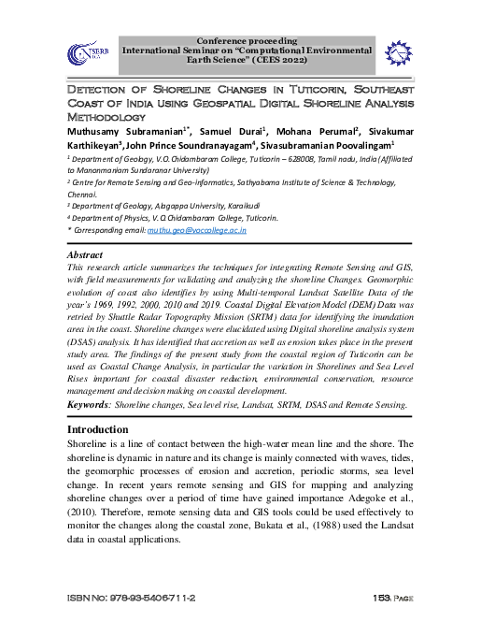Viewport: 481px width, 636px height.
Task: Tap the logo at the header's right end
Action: coord(396,52)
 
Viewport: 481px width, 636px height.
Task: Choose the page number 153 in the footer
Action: coord(381,597)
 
